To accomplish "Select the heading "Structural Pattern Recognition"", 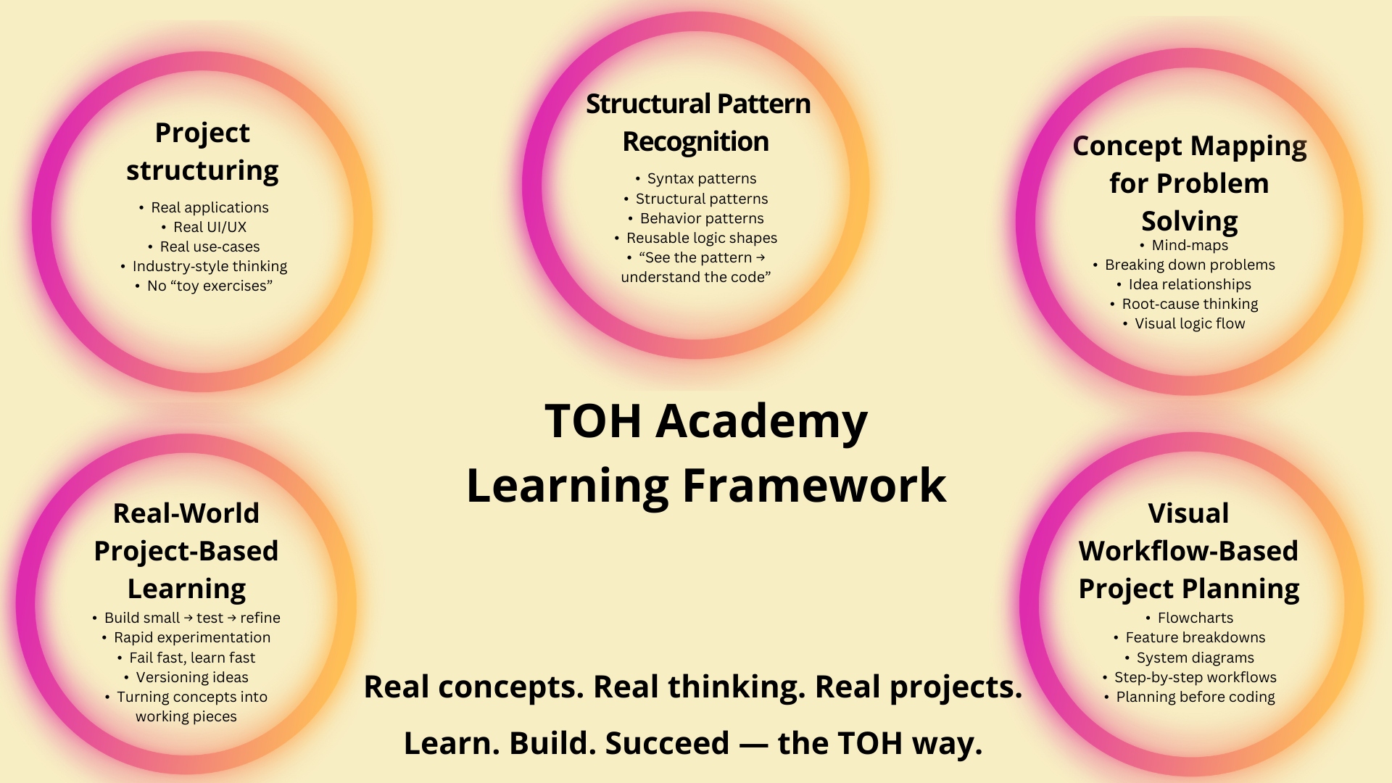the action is pos(697,123).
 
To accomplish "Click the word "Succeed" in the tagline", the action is pos(667,743).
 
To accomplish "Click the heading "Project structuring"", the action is pos(202,152).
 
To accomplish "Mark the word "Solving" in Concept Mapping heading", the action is pos(1190,221).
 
